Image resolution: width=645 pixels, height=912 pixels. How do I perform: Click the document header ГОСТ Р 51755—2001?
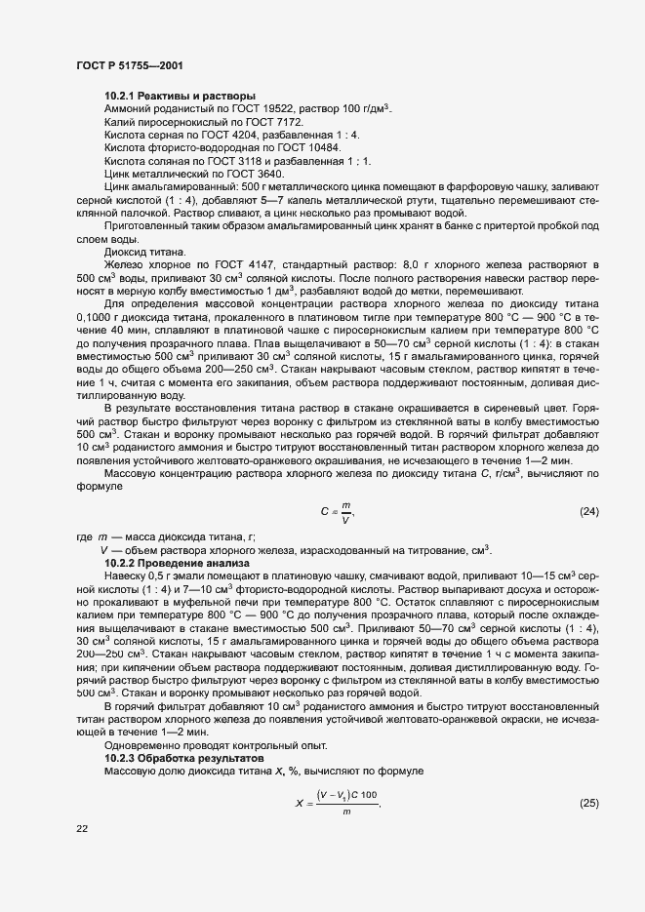[x=129, y=64]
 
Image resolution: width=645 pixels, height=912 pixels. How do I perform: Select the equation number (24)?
[x=588, y=512]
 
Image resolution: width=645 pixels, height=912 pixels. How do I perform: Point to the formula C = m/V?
[x=337, y=512]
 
